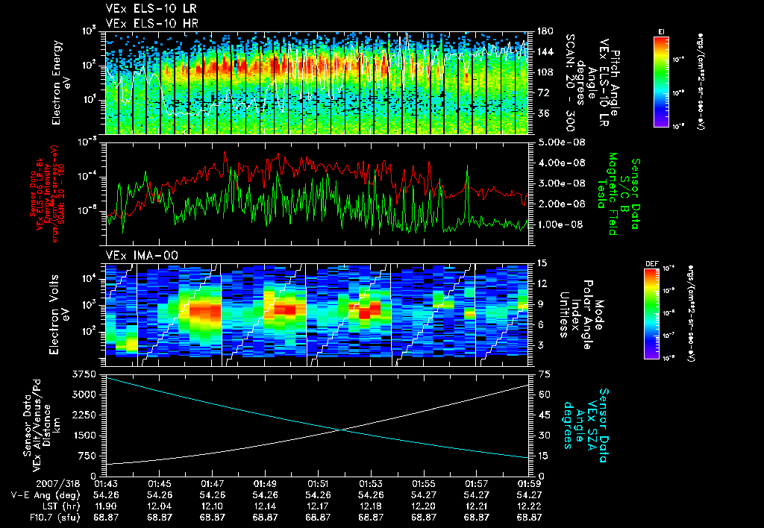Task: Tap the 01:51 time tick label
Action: [318, 483]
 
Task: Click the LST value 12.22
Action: [529, 505]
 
